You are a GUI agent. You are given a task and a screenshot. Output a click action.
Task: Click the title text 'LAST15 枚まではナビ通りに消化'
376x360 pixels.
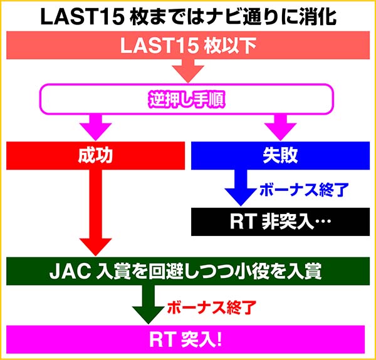pyautogui.click(x=188, y=16)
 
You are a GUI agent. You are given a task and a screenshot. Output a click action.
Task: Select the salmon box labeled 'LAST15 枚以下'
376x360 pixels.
pyautogui.click(x=188, y=45)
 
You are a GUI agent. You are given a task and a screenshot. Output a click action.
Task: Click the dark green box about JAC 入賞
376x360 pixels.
pyautogui.click(x=188, y=270)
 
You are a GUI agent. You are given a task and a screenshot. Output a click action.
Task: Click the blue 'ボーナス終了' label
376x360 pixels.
pyautogui.click(x=296, y=188)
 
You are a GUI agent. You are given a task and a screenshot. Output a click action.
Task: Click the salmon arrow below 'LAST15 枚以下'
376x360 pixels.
pyautogui.click(x=188, y=70)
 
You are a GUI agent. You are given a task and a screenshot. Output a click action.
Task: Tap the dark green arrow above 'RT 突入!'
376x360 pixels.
pyautogui.click(x=148, y=304)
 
